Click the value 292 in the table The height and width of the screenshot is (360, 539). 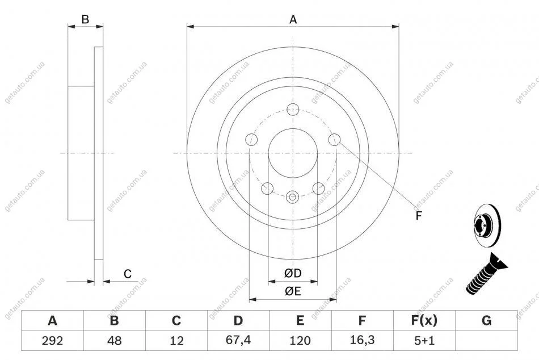click(52, 340)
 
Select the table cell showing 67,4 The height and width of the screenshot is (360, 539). click(238, 340)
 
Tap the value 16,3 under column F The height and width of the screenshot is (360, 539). click(362, 340)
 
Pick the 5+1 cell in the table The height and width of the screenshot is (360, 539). click(424, 340)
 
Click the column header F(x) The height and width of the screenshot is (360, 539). click(424, 320)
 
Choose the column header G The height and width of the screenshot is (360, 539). click(486, 320)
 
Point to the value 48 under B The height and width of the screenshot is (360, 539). click(115, 340)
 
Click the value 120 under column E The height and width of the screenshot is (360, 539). click(300, 340)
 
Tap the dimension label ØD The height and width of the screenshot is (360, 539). click(293, 273)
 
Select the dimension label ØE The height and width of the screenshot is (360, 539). click(293, 291)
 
